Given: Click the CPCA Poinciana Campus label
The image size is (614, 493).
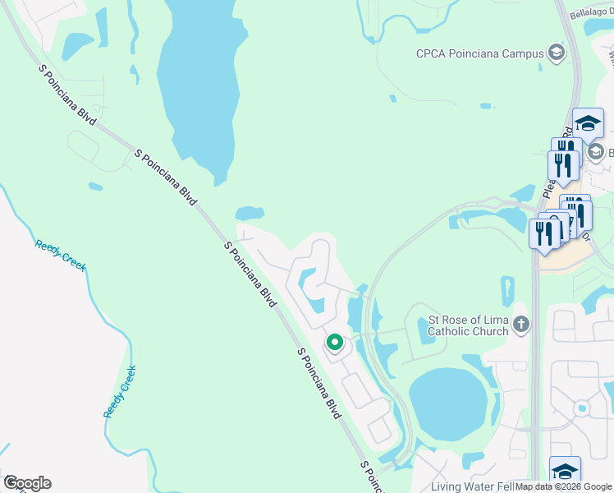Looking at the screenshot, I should tap(480, 54).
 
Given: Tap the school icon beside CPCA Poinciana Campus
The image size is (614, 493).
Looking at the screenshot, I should tap(557, 54).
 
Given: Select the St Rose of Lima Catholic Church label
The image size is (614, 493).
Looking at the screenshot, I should tap(468, 325).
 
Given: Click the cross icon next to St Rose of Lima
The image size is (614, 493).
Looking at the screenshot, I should tap(520, 325).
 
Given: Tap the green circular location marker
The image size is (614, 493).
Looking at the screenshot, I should tap(334, 341).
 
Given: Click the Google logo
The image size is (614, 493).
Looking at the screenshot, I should tap(27, 483).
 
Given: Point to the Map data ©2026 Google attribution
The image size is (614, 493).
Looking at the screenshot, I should tap(563, 487).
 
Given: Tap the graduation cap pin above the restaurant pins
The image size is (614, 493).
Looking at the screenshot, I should tap(587, 124).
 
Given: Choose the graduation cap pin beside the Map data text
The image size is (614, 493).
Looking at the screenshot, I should tap(565, 471).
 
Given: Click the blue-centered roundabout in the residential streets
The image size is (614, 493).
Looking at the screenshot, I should tap(581, 407).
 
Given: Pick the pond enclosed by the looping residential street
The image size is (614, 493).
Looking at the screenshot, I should tap(310, 289).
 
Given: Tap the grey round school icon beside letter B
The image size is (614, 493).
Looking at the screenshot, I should tap(597, 151).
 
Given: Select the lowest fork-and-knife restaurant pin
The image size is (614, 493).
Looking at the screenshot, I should tap(544, 233).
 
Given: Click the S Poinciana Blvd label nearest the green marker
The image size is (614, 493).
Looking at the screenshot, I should tap(319, 384).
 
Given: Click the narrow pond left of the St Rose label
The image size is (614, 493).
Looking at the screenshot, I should tap(376, 315).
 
